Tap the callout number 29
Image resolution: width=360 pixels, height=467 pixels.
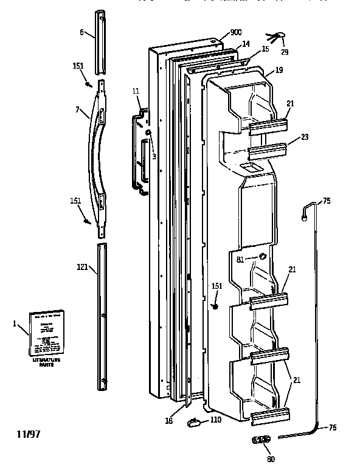tap(285, 52)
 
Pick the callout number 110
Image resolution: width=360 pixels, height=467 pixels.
tap(216, 420)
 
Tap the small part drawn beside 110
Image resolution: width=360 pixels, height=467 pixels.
tap(195, 420)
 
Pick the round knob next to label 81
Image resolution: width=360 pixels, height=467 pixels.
tap(263, 257)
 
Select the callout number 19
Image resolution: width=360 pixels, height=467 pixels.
tap(279, 71)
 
